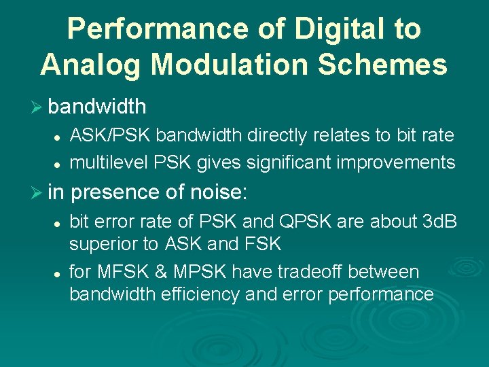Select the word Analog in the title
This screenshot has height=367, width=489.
point(90,65)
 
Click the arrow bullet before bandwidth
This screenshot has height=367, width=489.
point(39,107)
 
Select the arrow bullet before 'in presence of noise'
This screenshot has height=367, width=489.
point(39,194)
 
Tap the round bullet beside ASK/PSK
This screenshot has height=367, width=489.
point(58,137)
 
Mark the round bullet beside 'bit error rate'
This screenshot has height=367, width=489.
point(58,222)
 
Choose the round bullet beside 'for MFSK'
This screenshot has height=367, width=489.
point(58,273)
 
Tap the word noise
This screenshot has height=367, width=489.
point(216,193)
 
